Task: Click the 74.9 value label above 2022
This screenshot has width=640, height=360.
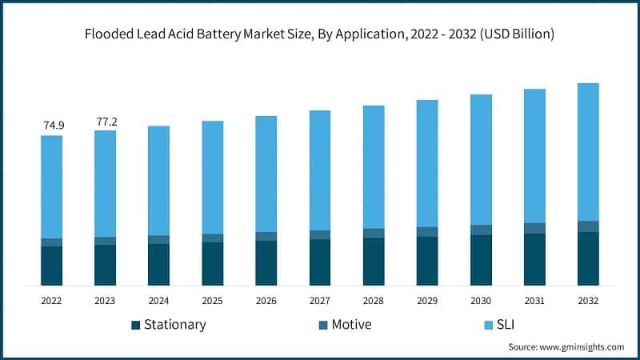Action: (x=52, y=125)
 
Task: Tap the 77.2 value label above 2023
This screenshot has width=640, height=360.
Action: (x=106, y=121)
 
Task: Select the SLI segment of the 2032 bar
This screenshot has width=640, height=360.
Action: (x=588, y=152)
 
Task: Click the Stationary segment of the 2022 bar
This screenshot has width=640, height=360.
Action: (x=52, y=266)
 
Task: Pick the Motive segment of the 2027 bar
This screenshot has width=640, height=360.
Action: (x=320, y=235)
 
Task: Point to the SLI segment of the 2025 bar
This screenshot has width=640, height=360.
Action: (x=213, y=178)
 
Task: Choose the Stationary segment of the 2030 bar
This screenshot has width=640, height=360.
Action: (x=481, y=260)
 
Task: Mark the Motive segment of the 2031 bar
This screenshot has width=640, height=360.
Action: (x=534, y=228)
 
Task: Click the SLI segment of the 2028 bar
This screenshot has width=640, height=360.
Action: (x=374, y=166)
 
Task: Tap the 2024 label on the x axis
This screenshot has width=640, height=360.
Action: (x=159, y=301)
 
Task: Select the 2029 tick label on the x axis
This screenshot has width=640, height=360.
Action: (x=427, y=301)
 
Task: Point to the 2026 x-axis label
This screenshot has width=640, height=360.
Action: (x=266, y=301)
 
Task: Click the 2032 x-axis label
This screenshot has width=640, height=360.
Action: (x=588, y=301)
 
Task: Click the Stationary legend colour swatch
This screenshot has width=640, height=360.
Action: (x=135, y=325)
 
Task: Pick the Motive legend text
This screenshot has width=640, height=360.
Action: (x=351, y=325)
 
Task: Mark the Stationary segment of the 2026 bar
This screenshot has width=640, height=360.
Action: (x=266, y=263)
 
